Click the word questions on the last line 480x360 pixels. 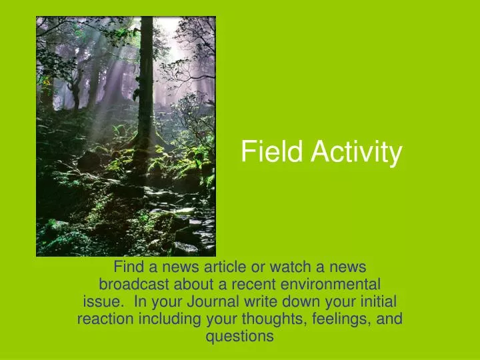pos(240,336)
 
